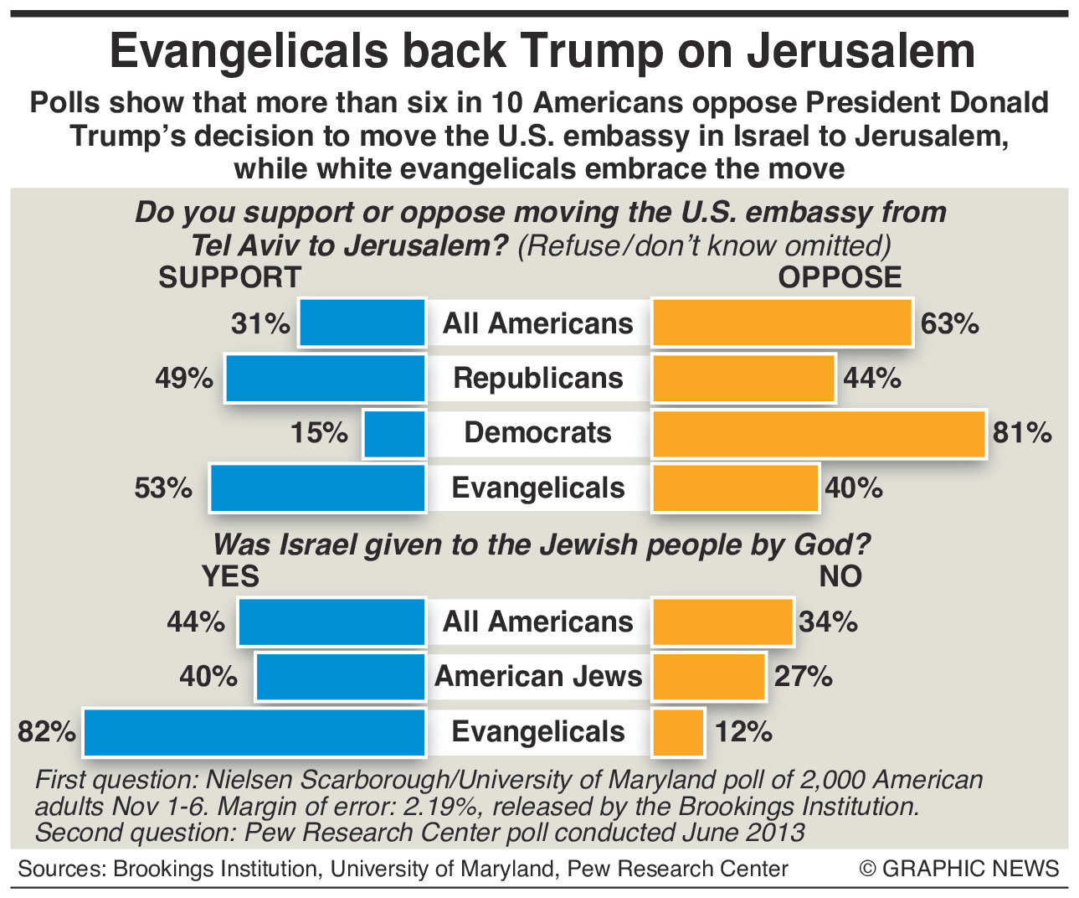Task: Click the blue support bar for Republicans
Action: click(326, 379)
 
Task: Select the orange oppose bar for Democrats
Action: click(818, 434)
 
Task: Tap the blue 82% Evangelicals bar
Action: click(254, 732)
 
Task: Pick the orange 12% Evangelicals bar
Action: click(678, 732)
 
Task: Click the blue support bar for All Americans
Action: click(362, 323)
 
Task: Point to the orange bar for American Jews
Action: click(709, 677)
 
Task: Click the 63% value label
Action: click(949, 323)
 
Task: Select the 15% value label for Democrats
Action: click(319, 433)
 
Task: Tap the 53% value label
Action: click(164, 488)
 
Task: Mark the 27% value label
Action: click(803, 677)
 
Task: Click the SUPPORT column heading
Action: click(229, 277)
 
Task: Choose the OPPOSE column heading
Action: click(840, 277)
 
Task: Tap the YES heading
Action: click(230, 576)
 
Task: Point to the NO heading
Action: click(840, 576)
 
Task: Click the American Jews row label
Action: click(538, 677)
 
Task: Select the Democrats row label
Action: click(538, 433)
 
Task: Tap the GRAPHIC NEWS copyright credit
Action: click(959, 869)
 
